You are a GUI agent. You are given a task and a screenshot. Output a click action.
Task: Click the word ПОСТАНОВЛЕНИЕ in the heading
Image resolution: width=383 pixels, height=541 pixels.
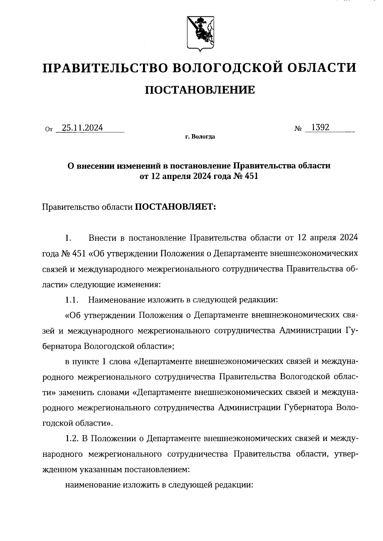[200, 90]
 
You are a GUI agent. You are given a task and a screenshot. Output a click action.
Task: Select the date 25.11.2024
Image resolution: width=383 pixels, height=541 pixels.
[82, 128]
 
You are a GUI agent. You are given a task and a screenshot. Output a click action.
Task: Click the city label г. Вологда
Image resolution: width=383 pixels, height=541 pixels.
[200, 137]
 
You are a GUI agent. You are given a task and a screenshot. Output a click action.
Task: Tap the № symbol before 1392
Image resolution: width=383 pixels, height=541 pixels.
[298, 129]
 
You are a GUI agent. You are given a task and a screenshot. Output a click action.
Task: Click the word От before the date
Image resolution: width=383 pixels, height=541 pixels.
[49, 129]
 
